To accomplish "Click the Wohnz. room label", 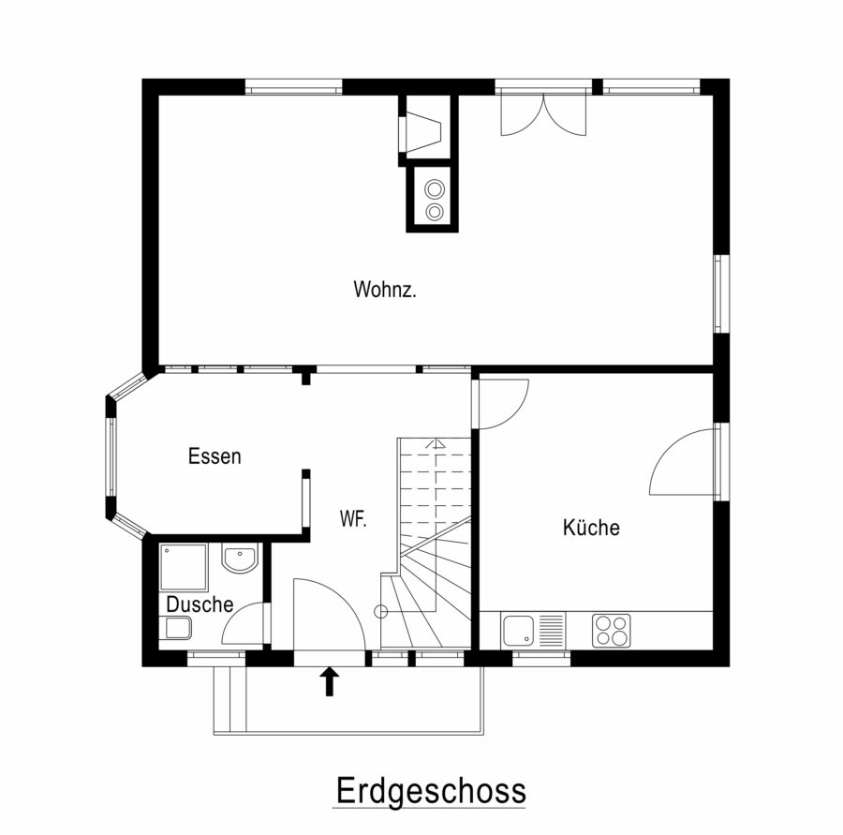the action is pyautogui.click(x=385, y=290).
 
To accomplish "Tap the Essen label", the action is pyautogui.click(x=214, y=456).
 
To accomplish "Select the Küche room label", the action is pyautogui.click(x=591, y=528).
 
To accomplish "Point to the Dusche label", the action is pyautogui.click(x=200, y=604).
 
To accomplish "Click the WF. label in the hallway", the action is pyautogui.click(x=353, y=519).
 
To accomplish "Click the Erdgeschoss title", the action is pyautogui.click(x=431, y=790).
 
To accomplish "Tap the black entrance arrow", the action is pyautogui.click(x=330, y=681).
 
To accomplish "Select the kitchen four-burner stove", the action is pyautogui.click(x=612, y=631).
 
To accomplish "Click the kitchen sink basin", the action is pyautogui.click(x=518, y=631).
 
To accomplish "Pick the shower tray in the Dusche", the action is pyautogui.click(x=184, y=568).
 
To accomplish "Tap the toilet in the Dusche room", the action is pyautogui.click(x=178, y=628).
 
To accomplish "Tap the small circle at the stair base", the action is pyautogui.click(x=380, y=611).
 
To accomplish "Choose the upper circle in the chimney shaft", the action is pyautogui.click(x=435, y=189).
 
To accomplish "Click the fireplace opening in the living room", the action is pyautogui.click(x=422, y=132).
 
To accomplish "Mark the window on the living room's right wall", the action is pyautogui.click(x=721, y=293).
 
